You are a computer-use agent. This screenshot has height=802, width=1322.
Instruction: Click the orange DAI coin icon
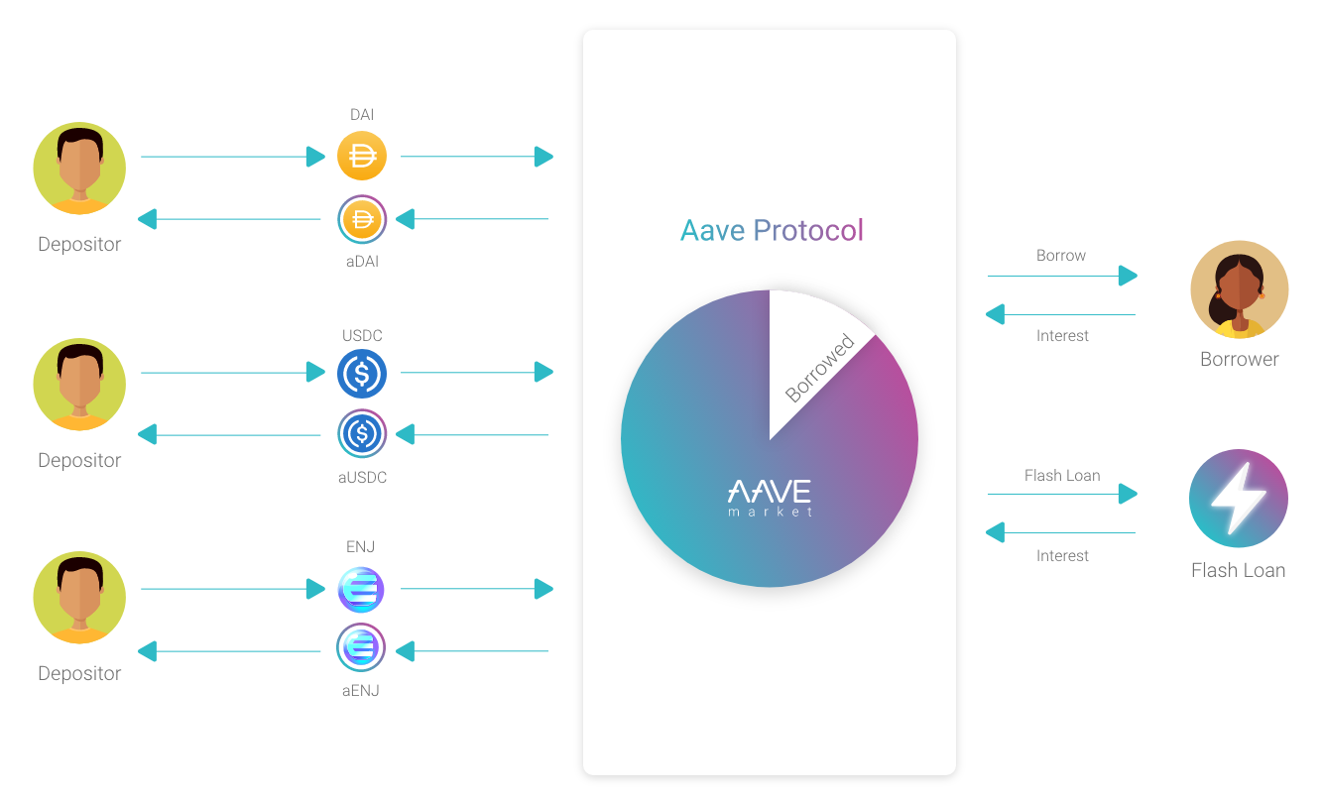(362, 156)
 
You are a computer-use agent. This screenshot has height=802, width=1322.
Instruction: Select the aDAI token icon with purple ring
(362, 219)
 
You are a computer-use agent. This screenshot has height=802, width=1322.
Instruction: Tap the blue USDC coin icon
(362, 374)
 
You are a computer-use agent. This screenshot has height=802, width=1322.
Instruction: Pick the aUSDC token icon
(362, 434)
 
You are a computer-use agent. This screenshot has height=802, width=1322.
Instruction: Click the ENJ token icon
(361, 589)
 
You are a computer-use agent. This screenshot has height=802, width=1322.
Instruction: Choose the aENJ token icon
(361, 647)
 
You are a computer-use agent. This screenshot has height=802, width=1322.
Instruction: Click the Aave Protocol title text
(772, 230)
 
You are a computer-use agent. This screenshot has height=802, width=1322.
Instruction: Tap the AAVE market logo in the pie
(770, 498)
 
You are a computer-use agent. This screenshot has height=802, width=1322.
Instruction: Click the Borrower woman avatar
(1240, 289)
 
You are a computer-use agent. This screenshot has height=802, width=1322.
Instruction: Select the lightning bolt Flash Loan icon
(1238, 498)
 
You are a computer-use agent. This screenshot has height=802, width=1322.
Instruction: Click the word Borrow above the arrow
(1061, 256)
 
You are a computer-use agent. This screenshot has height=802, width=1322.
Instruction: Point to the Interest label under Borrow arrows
(1062, 336)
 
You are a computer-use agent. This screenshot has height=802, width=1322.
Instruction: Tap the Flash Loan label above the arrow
(1062, 476)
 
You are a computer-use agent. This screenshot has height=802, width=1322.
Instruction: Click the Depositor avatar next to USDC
(79, 385)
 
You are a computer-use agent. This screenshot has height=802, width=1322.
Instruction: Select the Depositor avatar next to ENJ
(79, 597)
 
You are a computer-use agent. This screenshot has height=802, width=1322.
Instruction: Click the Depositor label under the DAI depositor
(79, 244)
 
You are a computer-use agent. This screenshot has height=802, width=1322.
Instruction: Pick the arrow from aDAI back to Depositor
(229, 219)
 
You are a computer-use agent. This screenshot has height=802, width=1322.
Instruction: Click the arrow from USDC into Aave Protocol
(477, 373)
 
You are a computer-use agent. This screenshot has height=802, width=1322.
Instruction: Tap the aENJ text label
(361, 690)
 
